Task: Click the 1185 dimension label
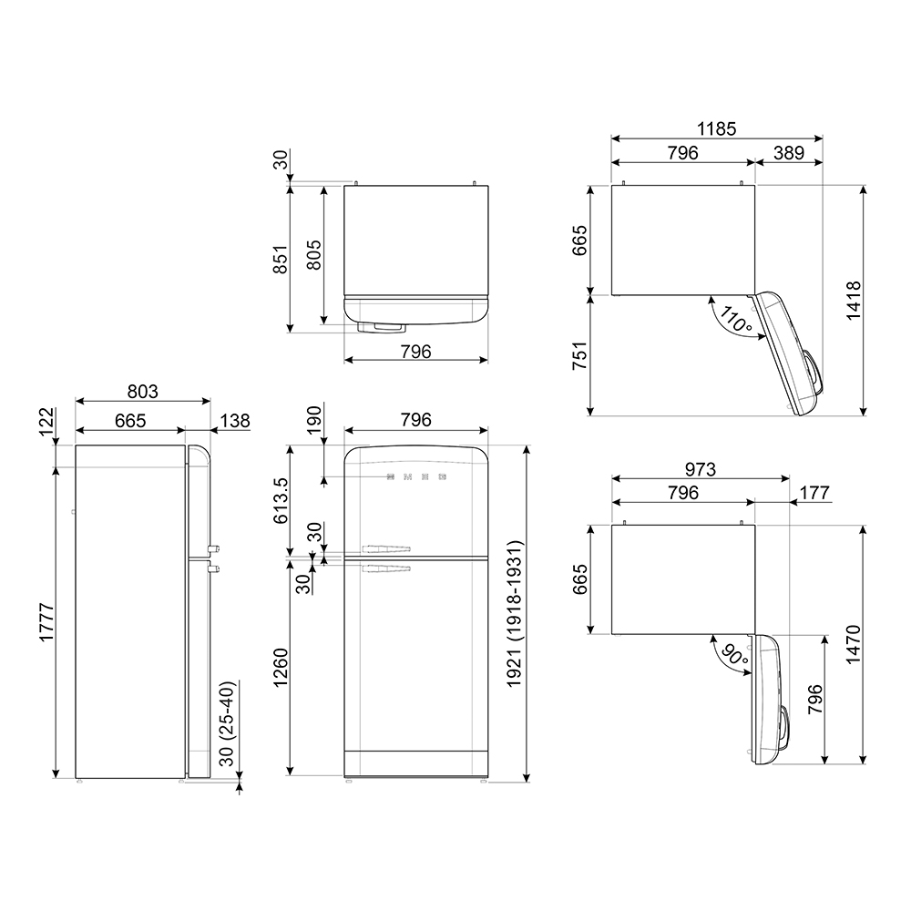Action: (716, 128)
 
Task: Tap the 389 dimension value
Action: (789, 153)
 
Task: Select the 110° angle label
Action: (735, 320)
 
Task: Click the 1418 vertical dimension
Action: (854, 301)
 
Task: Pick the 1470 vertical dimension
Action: (854, 645)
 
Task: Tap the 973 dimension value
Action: (700, 469)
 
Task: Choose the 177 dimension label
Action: (814, 493)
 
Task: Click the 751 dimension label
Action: (579, 355)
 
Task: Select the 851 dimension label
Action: (280, 260)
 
